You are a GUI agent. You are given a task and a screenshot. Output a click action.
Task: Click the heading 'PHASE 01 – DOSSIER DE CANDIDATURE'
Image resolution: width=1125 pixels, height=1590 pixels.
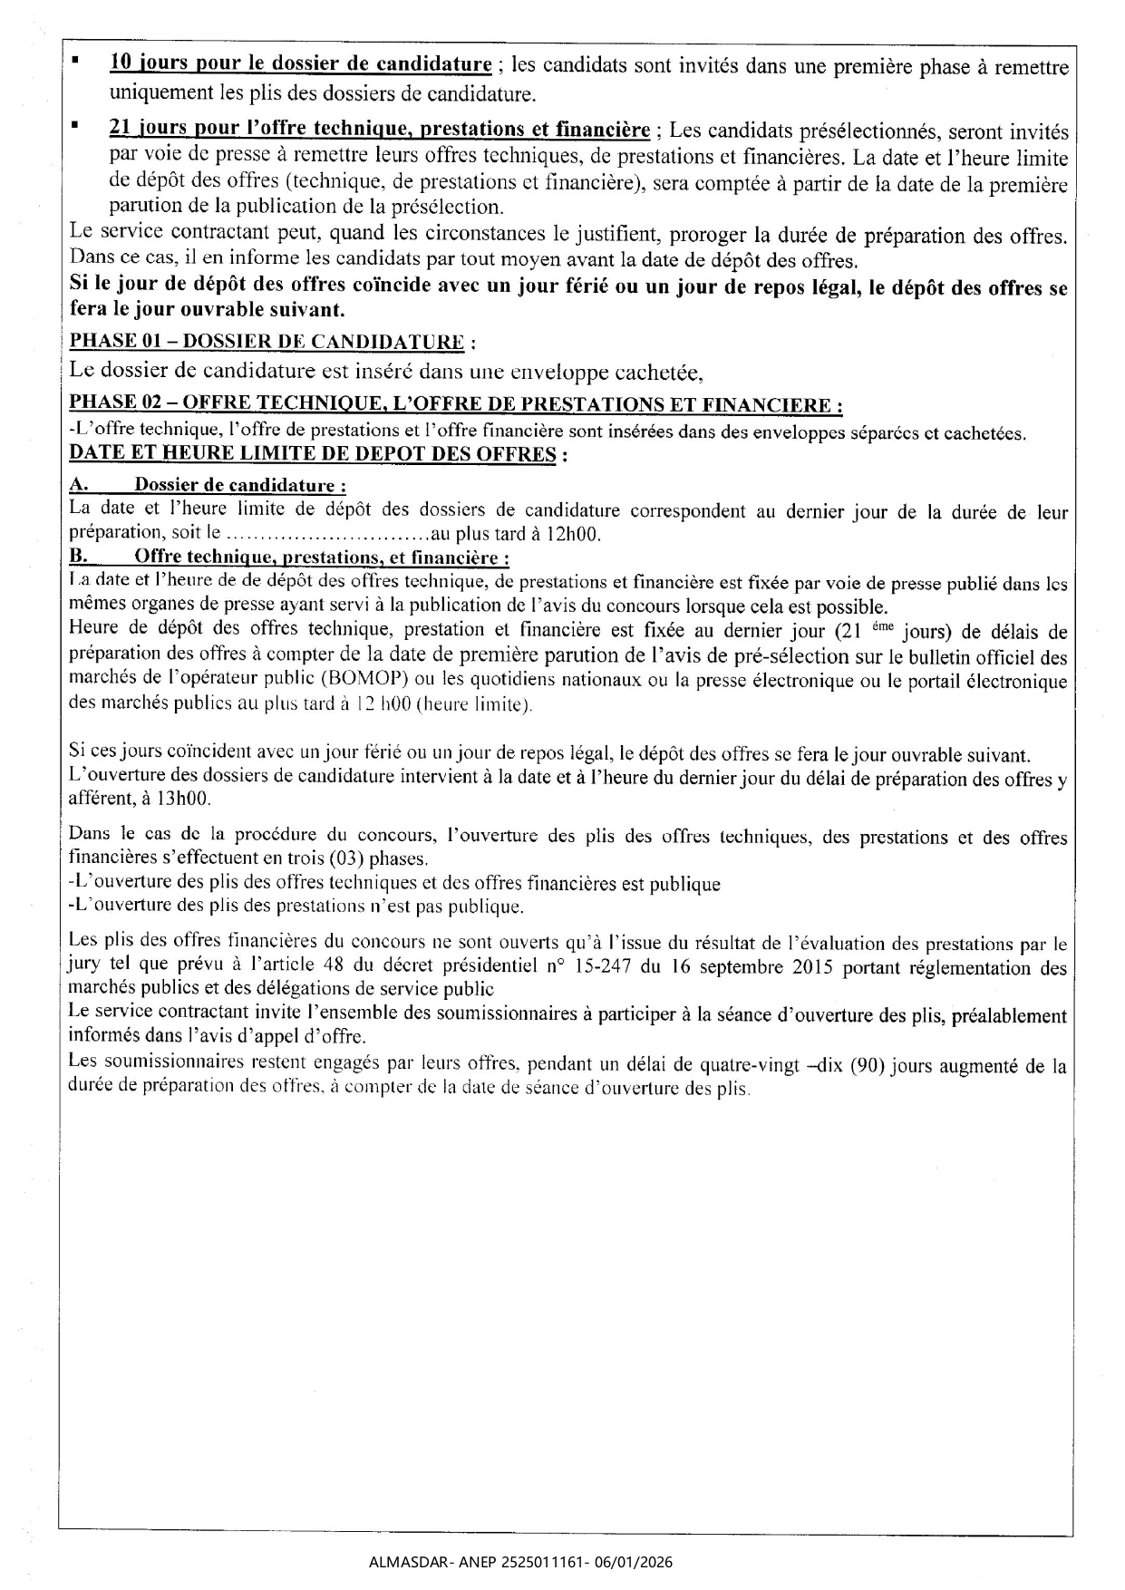[272, 342]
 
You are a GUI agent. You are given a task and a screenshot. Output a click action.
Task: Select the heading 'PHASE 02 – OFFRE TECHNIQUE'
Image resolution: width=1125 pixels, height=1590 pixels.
[457, 404]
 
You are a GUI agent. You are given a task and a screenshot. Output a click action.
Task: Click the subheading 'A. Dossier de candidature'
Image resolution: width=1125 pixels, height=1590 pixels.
[208, 485]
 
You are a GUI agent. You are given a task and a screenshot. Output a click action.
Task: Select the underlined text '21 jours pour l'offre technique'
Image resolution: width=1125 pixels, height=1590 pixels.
[379, 130]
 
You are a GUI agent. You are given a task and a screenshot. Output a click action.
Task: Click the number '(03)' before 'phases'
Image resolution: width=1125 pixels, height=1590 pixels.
[311, 858]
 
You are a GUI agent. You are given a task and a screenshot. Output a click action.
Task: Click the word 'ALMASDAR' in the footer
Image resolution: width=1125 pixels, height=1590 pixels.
[402, 1562]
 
